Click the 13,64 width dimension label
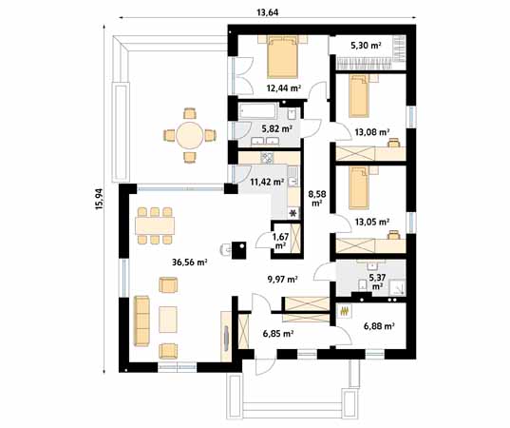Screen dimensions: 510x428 268,12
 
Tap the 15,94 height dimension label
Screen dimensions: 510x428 99,199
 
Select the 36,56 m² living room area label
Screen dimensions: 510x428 190,263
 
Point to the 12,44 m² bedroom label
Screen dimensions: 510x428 283,88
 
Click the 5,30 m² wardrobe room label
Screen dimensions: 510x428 366,46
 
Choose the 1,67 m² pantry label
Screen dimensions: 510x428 280,241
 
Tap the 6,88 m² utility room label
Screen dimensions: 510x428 379,325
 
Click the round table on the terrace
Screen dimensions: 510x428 190,135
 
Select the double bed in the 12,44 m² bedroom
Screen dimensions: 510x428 283,57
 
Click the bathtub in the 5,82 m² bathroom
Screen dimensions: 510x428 258,111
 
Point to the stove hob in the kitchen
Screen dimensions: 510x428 267,158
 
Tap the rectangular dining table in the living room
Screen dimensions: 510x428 155,225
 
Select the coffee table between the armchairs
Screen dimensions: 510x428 168,320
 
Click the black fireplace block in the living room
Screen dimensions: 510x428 238,250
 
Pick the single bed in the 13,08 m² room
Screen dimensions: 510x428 359,96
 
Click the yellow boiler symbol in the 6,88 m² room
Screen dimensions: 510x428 345,312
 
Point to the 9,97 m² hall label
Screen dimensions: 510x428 283,279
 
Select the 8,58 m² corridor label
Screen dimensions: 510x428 316,199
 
